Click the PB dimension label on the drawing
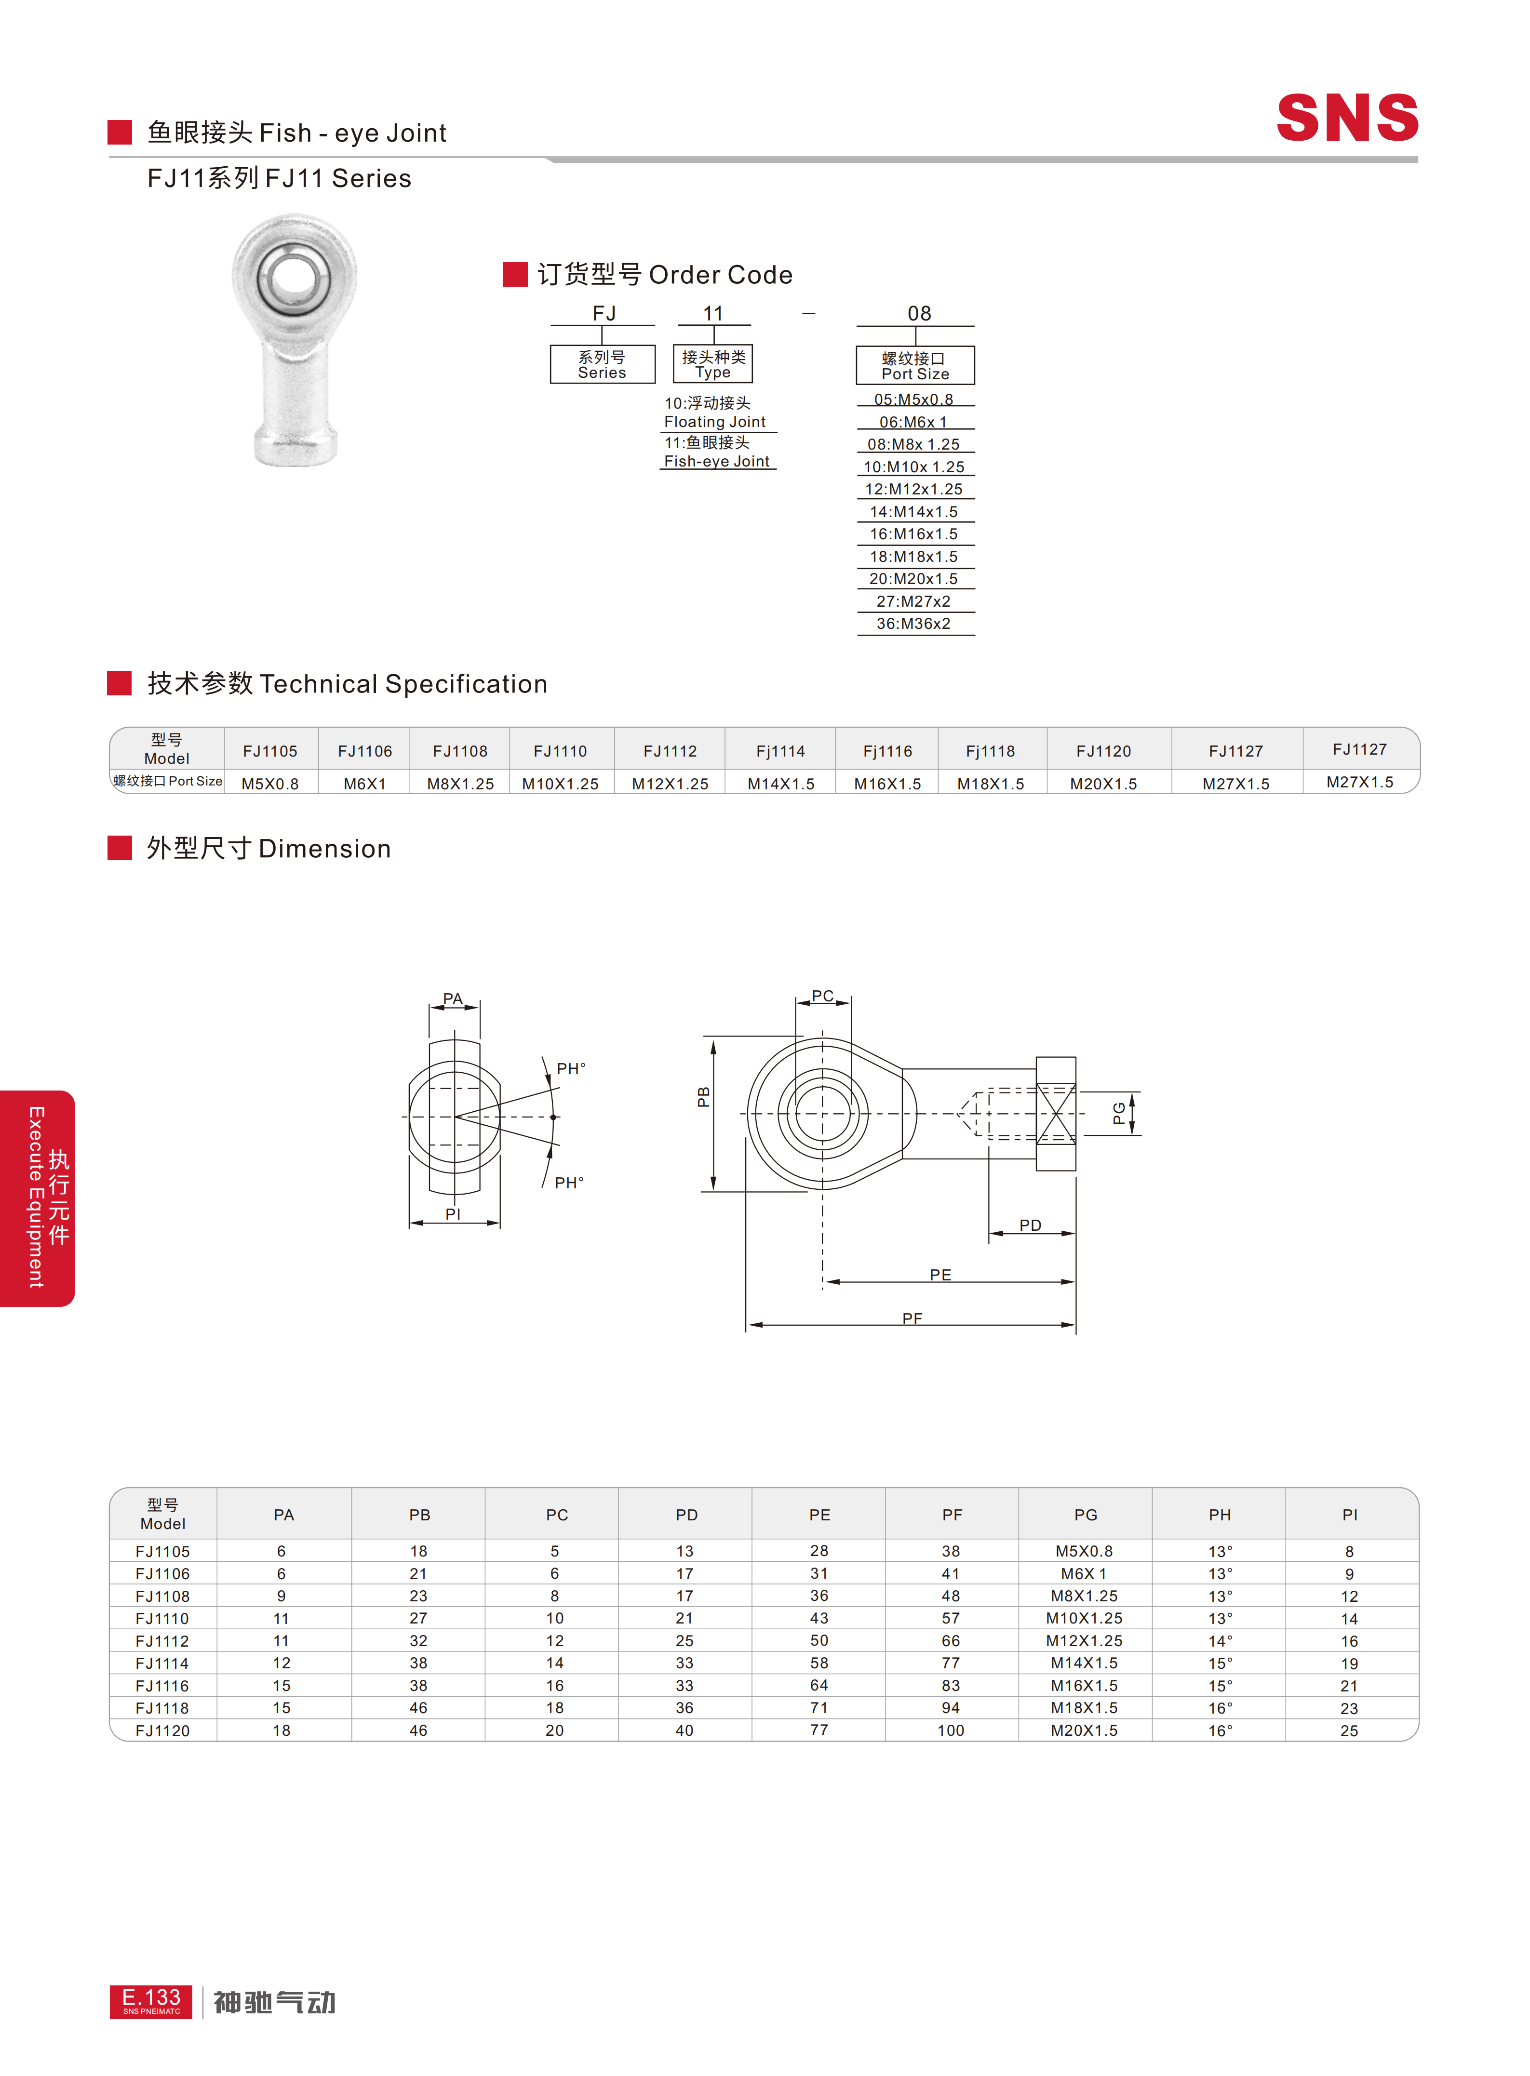pyautogui.click(x=704, y=1097)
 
